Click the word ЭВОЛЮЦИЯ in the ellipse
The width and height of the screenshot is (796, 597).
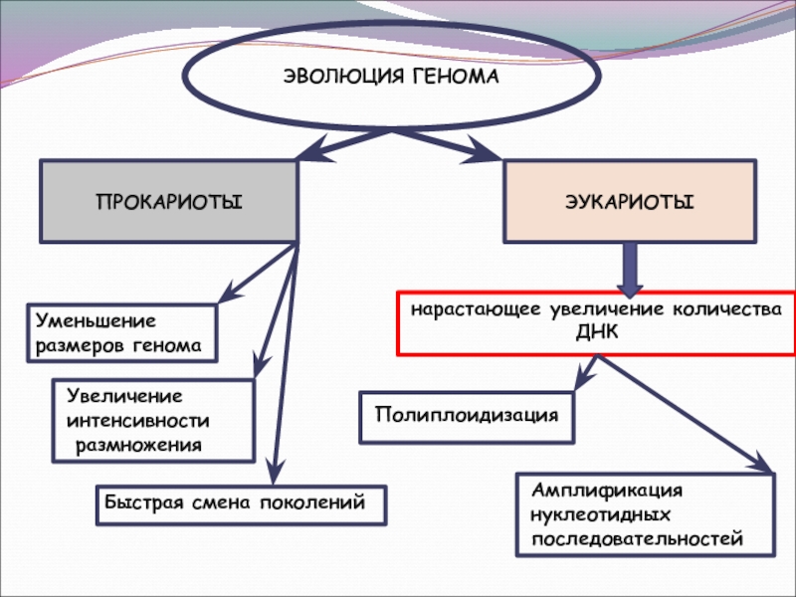tap(343, 78)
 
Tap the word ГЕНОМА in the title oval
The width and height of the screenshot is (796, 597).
tap(456, 78)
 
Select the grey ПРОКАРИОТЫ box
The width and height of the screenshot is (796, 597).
tap(168, 202)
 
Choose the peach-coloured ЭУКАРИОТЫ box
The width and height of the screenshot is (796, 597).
tap(630, 202)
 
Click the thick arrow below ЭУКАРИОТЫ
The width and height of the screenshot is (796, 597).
tap(630, 270)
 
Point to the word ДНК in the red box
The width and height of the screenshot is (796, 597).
tap(597, 332)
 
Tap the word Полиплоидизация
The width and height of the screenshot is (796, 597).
tap(467, 415)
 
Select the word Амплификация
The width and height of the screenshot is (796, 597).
tap(607, 491)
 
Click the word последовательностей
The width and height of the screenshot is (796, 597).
tap(637, 538)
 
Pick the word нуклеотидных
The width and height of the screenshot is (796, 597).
tap(601, 514)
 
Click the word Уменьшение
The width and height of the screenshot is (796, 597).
tap(96, 320)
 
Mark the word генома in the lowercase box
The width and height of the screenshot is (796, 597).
tap(167, 346)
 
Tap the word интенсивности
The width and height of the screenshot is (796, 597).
tap(138, 421)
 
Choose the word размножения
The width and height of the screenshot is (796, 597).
tap(138, 446)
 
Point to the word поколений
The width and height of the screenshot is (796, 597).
tap(312, 502)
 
